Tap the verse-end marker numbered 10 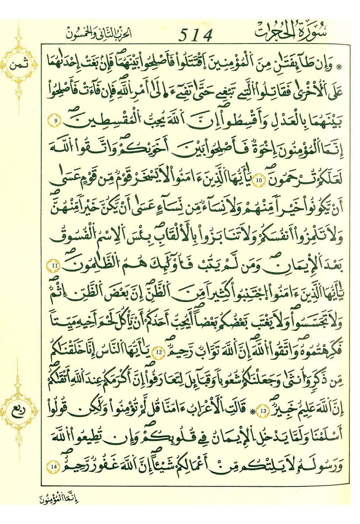coord(258,180)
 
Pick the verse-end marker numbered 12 coord(159,352)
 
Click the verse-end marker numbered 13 coord(263,411)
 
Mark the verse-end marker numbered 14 coord(54,467)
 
